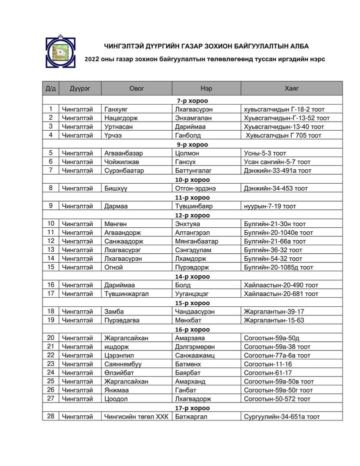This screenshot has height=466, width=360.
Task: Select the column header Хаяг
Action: click(291, 89)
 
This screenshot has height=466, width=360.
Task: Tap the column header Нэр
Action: click(205, 89)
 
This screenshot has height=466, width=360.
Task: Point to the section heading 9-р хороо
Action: click(192, 144)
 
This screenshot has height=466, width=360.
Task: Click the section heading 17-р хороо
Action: click(192, 408)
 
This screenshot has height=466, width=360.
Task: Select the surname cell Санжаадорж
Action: click(123, 241)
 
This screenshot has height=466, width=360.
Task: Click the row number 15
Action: click(50, 267)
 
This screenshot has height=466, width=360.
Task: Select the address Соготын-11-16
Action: click(267, 364)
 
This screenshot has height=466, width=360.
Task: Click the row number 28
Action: click(50, 416)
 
